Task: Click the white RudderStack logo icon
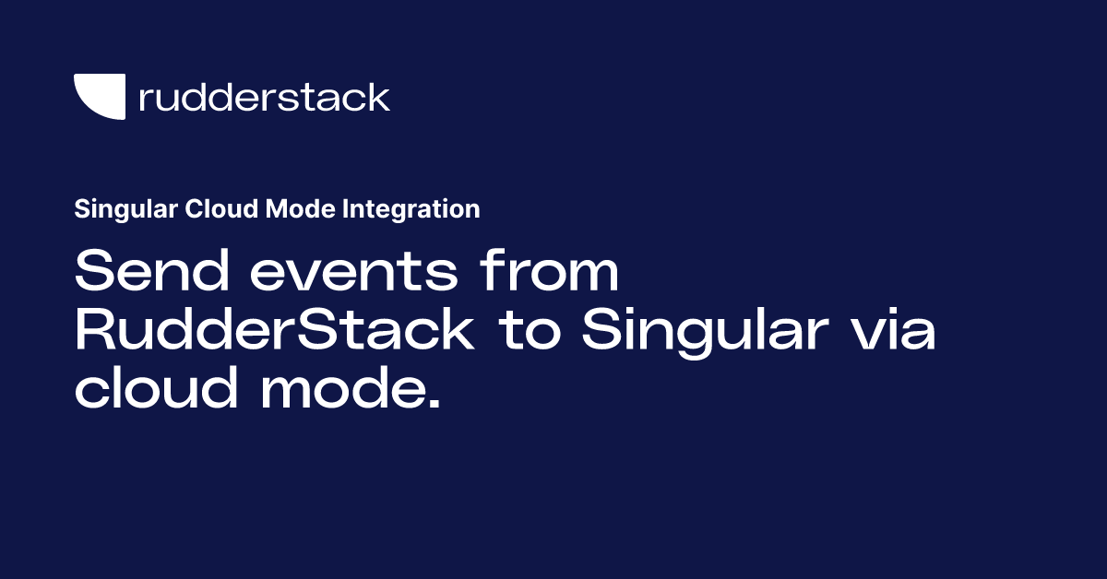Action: click(x=99, y=96)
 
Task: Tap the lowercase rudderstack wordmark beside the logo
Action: click(x=264, y=97)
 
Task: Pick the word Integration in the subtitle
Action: click(x=411, y=209)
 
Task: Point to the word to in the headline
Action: click(x=532, y=333)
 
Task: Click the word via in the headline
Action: click(x=887, y=331)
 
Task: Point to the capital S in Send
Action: click(x=93, y=273)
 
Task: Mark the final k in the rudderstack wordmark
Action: click(x=377, y=97)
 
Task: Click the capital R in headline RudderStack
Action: click(x=94, y=331)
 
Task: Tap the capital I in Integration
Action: click(x=346, y=209)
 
